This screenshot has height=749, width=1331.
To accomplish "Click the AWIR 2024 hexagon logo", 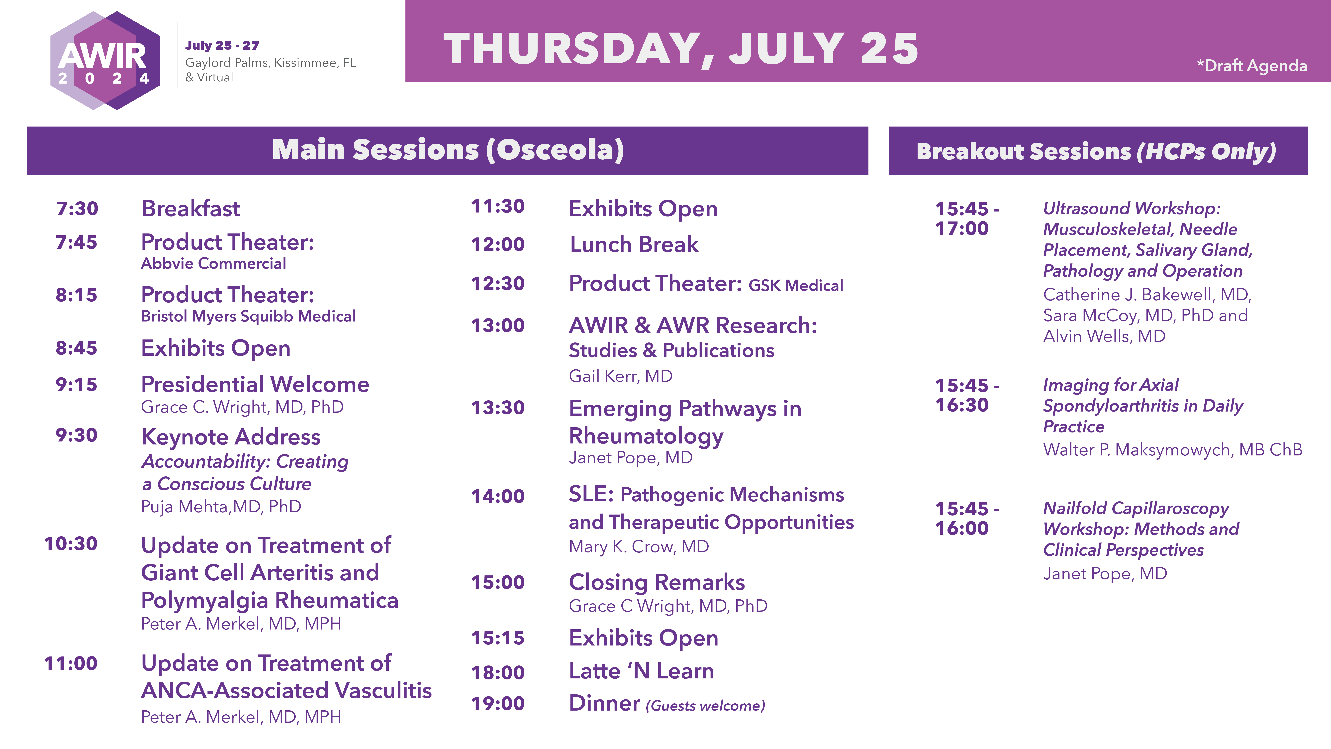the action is tap(105, 60).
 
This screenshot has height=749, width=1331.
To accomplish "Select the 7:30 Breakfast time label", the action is tap(77, 208).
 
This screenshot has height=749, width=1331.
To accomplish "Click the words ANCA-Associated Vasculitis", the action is tap(286, 691).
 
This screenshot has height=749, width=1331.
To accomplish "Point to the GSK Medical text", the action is tap(796, 285).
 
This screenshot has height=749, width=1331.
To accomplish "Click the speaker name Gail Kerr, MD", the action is tap(621, 376).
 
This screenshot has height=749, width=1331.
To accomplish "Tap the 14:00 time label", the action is tap(498, 496).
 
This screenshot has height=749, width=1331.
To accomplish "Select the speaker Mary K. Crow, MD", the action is tap(639, 546).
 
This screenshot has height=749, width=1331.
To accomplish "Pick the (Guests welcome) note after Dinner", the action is tap(705, 706).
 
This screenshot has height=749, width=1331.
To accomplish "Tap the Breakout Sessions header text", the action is tap(1096, 151).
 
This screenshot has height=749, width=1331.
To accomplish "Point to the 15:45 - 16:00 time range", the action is tap(967, 519).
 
